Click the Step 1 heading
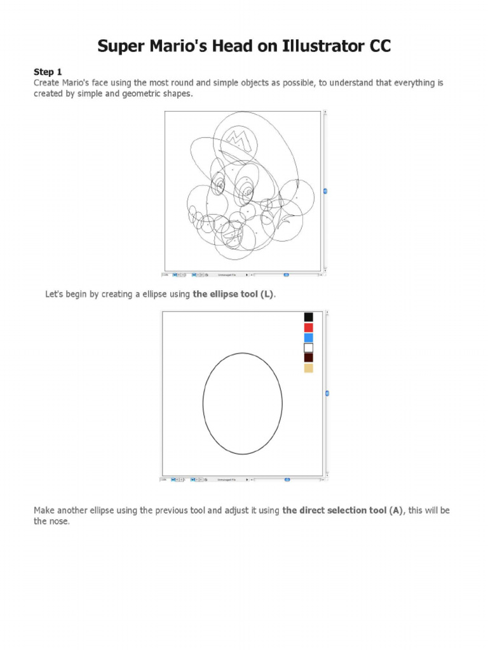coord(48,72)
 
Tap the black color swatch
coord(309,317)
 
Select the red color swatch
coord(309,328)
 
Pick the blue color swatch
coord(309,338)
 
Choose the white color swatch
coord(309,348)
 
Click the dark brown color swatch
coord(309,358)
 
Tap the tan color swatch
coord(309,368)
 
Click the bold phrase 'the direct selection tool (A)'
coord(343,510)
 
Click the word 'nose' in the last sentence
coord(58,521)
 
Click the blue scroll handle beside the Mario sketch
coord(325,191)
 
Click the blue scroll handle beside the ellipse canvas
coord(327,394)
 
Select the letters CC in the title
coord(379,46)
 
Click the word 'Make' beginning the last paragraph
coord(45,510)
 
